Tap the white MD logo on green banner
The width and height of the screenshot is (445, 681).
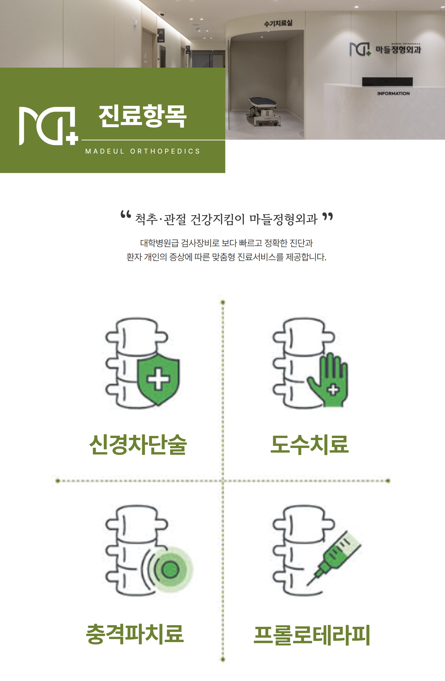click(x=48, y=126)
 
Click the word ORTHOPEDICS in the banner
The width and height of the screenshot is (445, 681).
click(x=165, y=151)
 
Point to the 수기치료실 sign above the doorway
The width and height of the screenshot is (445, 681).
click(x=278, y=23)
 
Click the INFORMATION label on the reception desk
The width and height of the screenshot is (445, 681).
click(x=394, y=94)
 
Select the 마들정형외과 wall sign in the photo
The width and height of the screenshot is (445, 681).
click(x=385, y=49)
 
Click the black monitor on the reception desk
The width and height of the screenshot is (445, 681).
click(x=387, y=82)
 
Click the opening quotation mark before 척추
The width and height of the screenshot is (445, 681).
click(x=126, y=214)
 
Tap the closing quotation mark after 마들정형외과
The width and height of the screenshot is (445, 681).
click(x=327, y=217)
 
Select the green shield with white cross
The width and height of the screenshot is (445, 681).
click(x=159, y=380)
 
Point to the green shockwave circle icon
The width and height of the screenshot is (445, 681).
click(x=170, y=569)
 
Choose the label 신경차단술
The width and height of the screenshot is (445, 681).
click(x=138, y=445)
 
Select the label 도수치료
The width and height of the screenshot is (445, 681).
click(x=310, y=445)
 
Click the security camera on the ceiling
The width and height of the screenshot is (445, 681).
click(x=162, y=14)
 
